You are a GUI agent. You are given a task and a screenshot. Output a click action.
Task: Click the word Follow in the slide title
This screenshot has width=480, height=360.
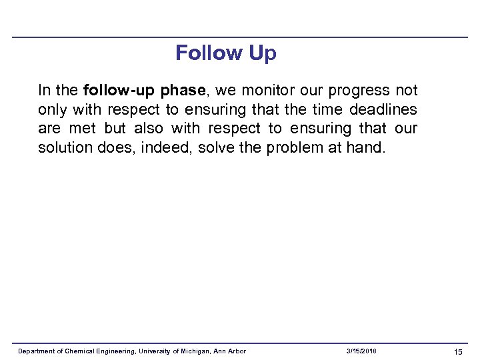click(209, 53)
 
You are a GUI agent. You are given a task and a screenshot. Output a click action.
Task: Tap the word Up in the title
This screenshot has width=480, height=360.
click(262, 53)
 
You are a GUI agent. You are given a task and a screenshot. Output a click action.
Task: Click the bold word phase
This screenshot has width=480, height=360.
click(181, 90)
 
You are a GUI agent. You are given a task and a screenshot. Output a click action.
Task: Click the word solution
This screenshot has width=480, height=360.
click(63, 147)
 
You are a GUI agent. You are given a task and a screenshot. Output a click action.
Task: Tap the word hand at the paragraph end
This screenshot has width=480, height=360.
click(365, 147)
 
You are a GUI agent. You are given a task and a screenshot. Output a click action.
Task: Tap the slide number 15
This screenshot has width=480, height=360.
click(458, 351)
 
